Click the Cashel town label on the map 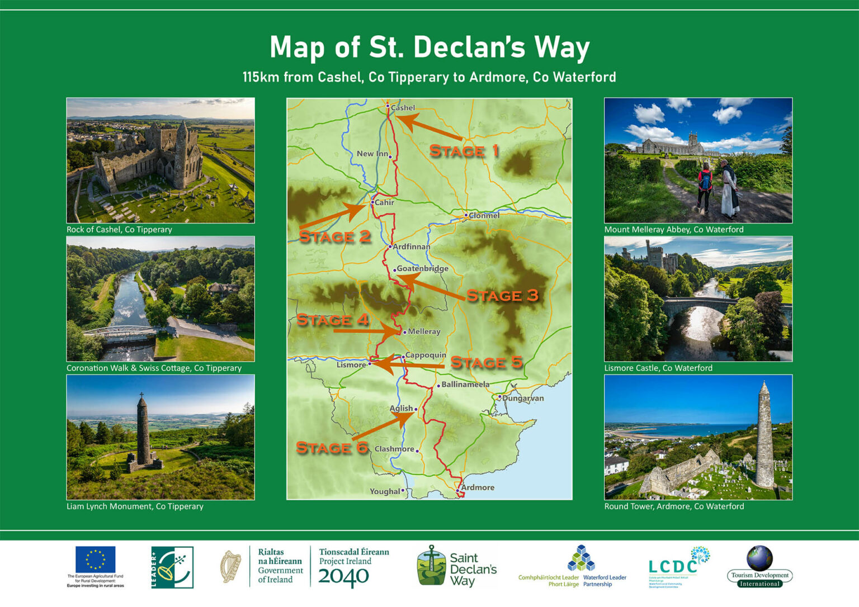coord(403,108)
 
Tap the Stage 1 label coord(464,151)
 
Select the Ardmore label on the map coord(478,487)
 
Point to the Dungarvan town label coord(522,399)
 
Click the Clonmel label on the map coord(484,215)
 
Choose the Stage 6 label coord(332,448)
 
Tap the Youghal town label coord(385,491)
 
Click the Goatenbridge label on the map coord(422,268)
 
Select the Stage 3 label coord(502,296)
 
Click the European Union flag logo coord(96,559)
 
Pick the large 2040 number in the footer coord(343,577)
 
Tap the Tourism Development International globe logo coord(759,558)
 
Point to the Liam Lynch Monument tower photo coord(143,430)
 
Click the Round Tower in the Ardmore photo coord(764,436)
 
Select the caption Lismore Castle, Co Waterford coord(658,368)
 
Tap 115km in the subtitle coord(261,77)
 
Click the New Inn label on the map coord(372,154)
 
